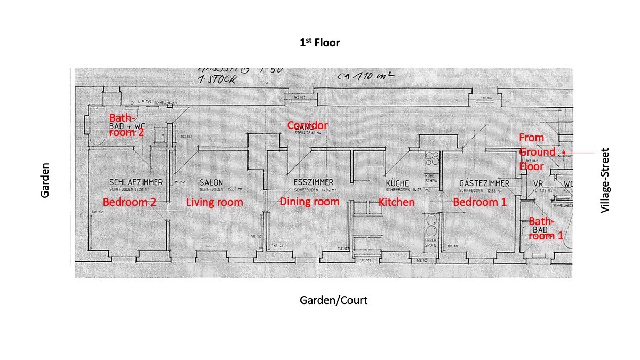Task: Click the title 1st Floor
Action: point(319,43)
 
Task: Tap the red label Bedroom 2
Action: point(129,202)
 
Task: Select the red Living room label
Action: point(214,202)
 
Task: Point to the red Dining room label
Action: point(309,202)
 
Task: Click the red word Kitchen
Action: point(397,202)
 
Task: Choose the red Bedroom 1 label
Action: point(480,202)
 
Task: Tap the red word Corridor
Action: point(308,125)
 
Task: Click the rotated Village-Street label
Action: point(604,181)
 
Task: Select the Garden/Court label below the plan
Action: point(333,300)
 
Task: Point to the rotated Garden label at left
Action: point(45,181)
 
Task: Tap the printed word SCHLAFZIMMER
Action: point(136,182)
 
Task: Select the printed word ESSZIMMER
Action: point(313,182)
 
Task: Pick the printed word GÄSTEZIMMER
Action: point(484,183)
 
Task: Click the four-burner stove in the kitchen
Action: point(433,159)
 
